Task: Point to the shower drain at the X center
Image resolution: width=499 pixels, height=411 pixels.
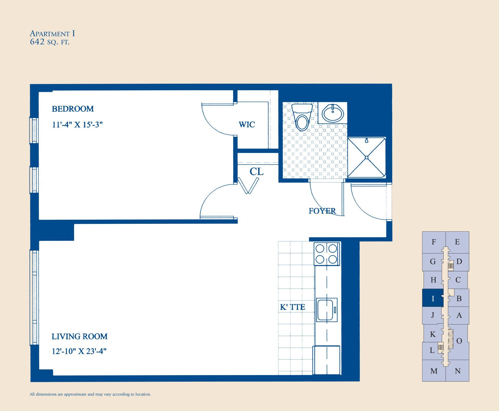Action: (366, 158)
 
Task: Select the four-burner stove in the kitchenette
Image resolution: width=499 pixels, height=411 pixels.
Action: (326, 254)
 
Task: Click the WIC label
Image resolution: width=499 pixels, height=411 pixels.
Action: (247, 125)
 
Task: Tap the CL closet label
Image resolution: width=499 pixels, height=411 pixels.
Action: (256, 172)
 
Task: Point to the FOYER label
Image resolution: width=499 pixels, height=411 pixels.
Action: (322, 211)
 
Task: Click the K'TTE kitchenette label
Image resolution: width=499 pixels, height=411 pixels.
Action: (292, 307)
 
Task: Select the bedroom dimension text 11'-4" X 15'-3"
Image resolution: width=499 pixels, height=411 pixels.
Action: (77, 125)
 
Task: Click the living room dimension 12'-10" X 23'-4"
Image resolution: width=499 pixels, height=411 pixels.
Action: (79, 351)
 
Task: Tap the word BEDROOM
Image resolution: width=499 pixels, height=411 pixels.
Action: (73, 109)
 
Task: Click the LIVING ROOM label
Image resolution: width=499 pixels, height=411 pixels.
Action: (79, 336)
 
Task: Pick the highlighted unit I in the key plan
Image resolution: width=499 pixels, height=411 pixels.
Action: (433, 298)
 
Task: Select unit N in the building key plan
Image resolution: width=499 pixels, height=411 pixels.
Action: (458, 371)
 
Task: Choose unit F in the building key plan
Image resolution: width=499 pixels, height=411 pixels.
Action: (434, 242)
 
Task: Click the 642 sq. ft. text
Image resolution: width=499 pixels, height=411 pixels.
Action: (50, 42)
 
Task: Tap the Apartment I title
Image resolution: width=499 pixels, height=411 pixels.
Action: (52, 34)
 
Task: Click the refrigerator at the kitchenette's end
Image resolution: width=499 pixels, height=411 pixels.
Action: (326, 360)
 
